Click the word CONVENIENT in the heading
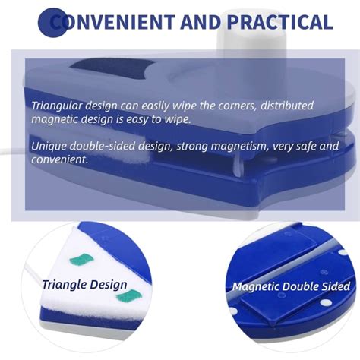click(112, 22)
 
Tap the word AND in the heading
click(201, 22)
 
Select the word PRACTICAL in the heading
click(279, 22)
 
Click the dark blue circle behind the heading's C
click(53, 23)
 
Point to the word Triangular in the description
click(57, 106)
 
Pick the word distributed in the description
click(287, 105)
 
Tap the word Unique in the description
click(49, 147)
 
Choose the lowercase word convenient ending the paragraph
click(60, 159)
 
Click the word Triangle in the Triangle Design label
click(65, 285)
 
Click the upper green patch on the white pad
click(82, 260)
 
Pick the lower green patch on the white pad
click(129, 296)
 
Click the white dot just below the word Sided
click(326, 302)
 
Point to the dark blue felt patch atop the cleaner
click(112, 69)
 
